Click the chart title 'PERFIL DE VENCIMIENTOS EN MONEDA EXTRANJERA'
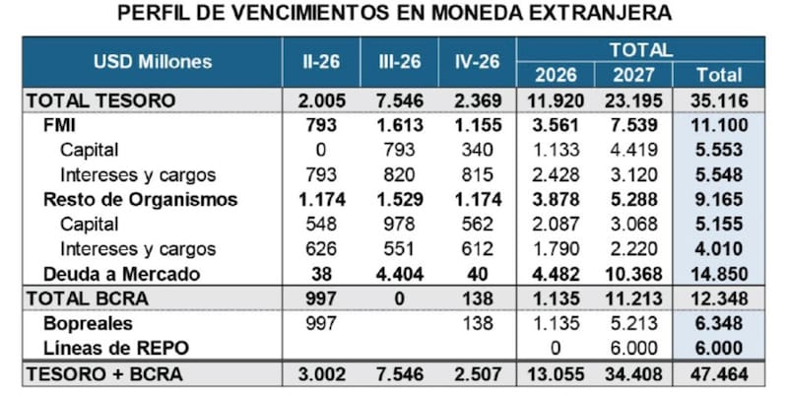point(394,14)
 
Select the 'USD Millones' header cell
point(153,62)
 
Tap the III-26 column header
point(400,62)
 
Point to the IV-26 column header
point(476,62)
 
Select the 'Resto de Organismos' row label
point(141,200)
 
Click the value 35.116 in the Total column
point(719,100)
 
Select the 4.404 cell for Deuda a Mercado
point(400,274)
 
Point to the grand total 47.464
point(719,374)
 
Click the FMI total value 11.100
point(719,126)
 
